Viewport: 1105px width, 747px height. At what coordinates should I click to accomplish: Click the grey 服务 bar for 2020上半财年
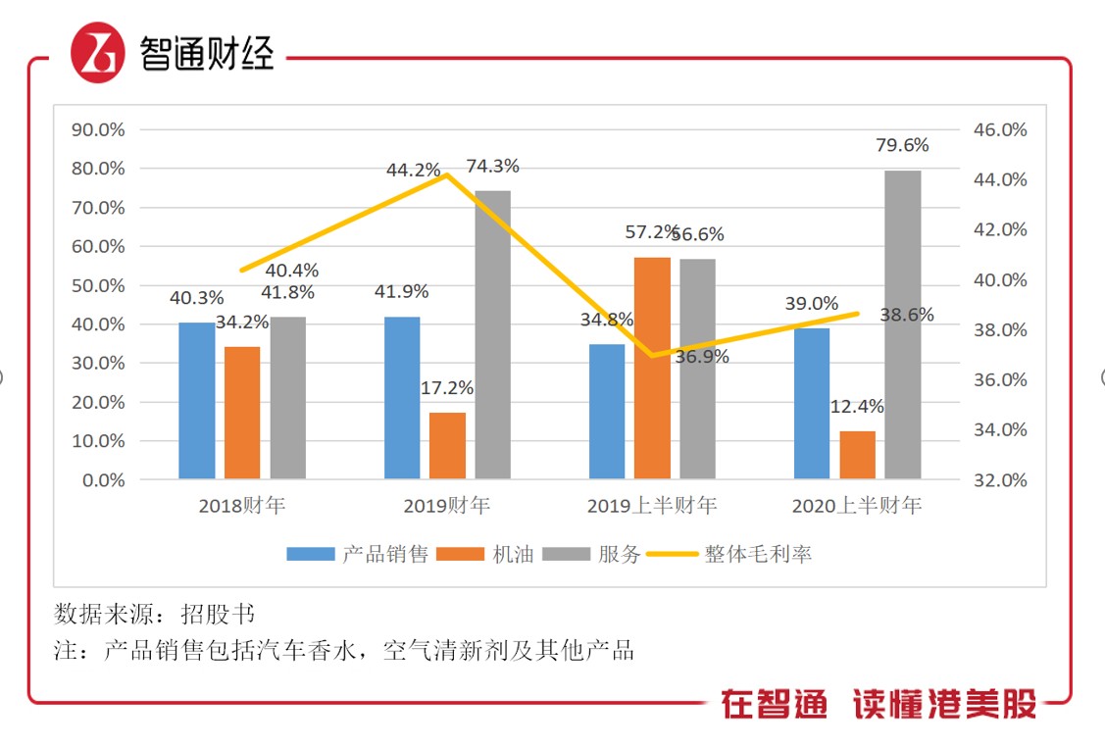(903, 324)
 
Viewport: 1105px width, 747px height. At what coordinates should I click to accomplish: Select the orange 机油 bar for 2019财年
(448, 446)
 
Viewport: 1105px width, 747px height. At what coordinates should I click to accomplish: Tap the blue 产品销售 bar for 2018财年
(196, 401)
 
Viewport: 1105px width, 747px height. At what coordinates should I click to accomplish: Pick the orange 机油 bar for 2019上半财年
(652, 368)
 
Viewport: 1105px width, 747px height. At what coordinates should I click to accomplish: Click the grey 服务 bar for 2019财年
(493, 334)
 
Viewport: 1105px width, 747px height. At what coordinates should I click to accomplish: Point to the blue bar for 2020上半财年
(812, 403)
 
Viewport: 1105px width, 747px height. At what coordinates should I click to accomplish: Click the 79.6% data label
(902, 145)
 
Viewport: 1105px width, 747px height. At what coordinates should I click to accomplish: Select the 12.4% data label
(857, 406)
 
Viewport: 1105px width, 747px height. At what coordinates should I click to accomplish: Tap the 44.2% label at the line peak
(413, 170)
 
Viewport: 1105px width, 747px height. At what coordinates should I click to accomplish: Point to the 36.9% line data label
(702, 357)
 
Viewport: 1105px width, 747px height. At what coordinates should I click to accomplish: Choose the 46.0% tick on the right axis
(999, 129)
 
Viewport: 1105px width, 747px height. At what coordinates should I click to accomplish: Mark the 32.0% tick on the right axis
(999, 480)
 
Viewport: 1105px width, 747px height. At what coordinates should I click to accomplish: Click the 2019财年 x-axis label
(447, 507)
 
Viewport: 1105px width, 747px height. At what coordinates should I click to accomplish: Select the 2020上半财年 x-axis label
(857, 507)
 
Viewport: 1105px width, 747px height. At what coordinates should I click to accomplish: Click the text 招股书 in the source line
(218, 615)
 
